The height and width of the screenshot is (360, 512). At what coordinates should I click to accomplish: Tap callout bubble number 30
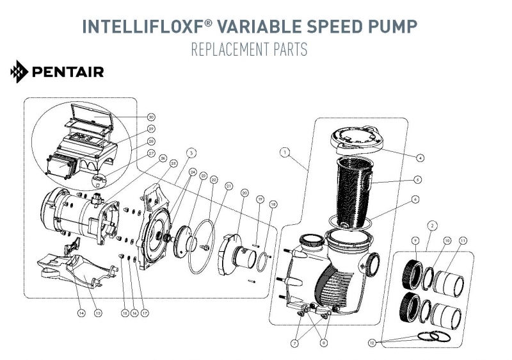point(151,117)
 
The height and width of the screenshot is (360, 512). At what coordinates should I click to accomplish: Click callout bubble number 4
point(419,157)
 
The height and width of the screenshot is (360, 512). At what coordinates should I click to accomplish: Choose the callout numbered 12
point(372,343)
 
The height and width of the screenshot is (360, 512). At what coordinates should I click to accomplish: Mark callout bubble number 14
point(81,313)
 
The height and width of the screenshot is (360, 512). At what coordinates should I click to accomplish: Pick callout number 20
point(244,192)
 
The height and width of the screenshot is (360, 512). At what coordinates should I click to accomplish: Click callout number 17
point(145,313)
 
